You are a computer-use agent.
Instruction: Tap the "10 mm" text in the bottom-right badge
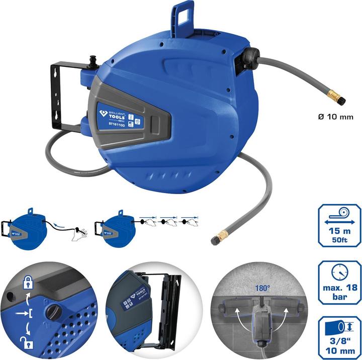[337, 350]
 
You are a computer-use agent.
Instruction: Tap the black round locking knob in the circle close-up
[54, 312]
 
